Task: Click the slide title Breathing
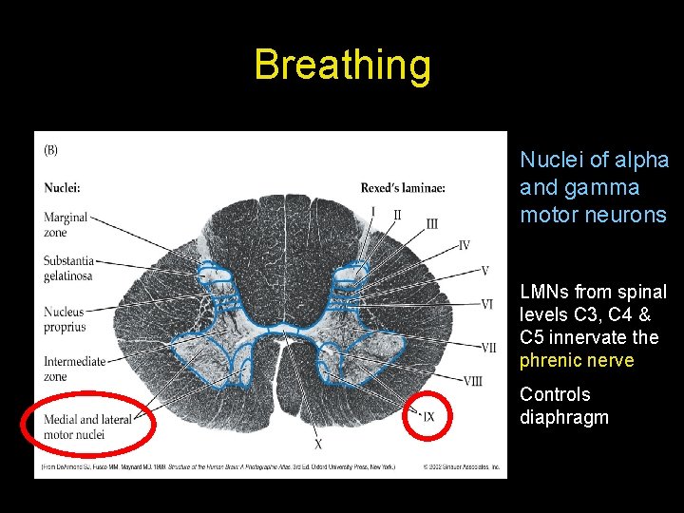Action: pyautogui.click(x=342, y=66)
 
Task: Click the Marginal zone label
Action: pyautogui.click(x=66, y=224)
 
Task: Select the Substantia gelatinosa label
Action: pyautogui.click(x=69, y=268)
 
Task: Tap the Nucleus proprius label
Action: pyautogui.click(x=65, y=319)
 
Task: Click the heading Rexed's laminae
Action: pyautogui.click(x=402, y=188)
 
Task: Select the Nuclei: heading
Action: pyautogui.click(x=62, y=188)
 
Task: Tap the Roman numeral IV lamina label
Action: pyautogui.click(x=464, y=246)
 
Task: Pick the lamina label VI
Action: pyautogui.click(x=486, y=304)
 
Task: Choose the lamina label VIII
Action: pyautogui.click(x=473, y=382)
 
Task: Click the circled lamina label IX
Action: pyautogui.click(x=428, y=416)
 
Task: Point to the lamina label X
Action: pyautogui.click(x=318, y=444)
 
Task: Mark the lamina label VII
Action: pyautogui.click(x=487, y=348)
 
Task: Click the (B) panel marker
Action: pyautogui.click(x=52, y=149)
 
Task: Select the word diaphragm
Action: pyautogui.click(x=564, y=417)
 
